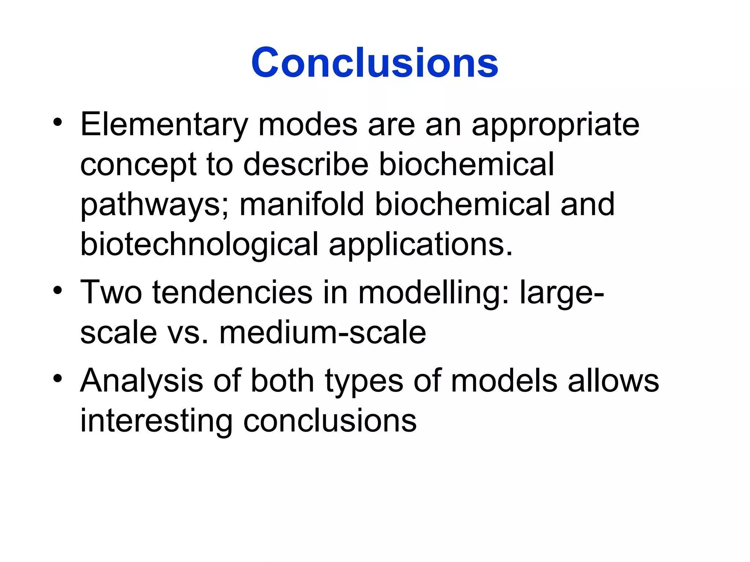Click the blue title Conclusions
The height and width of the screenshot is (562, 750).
pos(374,63)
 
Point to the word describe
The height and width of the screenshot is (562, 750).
pos(306,165)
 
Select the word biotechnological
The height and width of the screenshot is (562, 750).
pos(199,244)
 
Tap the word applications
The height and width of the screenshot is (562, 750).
pos(420,244)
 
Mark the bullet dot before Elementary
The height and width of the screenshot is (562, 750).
pos(57,123)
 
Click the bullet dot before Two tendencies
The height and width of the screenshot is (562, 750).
pos(57,291)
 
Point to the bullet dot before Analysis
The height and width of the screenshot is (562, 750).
pos(57,378)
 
